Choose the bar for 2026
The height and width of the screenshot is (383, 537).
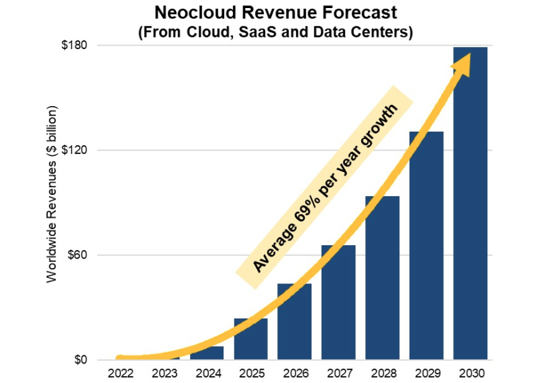pos(294,323)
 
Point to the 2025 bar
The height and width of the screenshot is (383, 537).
pos(250,340)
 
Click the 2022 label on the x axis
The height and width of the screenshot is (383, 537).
pos(119,372)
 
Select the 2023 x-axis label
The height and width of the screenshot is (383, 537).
pos(162,372)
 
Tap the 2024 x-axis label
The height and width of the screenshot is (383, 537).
pos(207,372)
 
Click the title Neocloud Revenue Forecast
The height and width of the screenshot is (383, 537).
pos(275,13)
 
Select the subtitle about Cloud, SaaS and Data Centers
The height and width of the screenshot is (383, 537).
pos(275,32)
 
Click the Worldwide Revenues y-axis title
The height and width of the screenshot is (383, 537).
pos(52,194)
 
